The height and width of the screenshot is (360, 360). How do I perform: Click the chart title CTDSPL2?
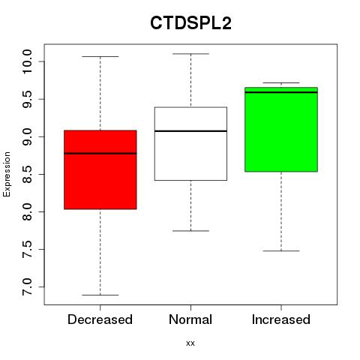click(190, 23)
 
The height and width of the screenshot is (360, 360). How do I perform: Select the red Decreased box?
click(100, 169)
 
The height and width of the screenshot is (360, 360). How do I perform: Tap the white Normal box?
click(190, 144)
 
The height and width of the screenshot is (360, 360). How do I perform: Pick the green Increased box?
click(281, 130)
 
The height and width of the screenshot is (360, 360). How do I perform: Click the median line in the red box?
click(100, 154)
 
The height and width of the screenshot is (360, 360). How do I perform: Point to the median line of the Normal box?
click(190, 131)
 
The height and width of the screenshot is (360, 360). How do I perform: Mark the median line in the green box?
click(281, 92)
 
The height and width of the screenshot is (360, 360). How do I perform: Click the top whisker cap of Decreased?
click(100, 56)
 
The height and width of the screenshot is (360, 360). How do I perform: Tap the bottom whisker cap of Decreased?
click(100, 295)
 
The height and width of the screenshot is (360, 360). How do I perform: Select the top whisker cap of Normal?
click(190, 54)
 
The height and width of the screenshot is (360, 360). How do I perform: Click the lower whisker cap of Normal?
click(190, 231)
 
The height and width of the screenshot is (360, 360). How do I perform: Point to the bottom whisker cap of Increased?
click(281, 250)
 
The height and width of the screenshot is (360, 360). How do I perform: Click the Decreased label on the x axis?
click(100, 319)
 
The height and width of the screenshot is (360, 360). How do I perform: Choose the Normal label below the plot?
click(190, 319)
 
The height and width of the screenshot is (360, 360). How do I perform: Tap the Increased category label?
click(281, 319)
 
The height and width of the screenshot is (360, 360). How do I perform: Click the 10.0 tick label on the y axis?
click(27, 61)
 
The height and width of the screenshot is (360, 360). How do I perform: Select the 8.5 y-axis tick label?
click(27, 174)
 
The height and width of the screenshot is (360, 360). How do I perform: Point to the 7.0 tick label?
click(27, 287)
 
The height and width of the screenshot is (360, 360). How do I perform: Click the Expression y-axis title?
click(7, 174)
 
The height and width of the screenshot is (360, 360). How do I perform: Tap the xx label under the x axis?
click(190, 343)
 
